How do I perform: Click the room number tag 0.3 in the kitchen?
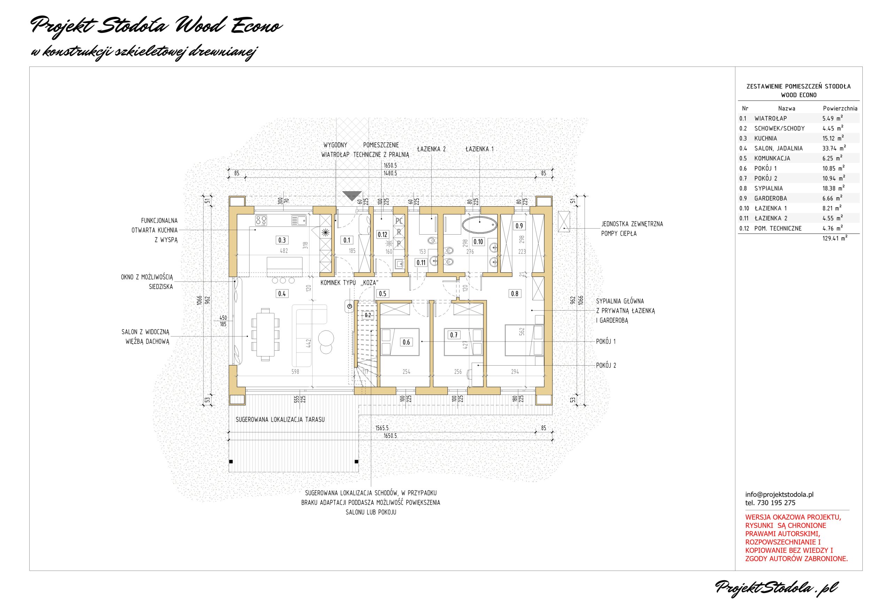click(282, 240)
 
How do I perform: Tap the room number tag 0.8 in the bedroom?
click(514, 294)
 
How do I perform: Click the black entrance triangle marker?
click(352, 196)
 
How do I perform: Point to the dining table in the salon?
click(265, 334)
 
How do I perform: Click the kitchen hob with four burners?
click(261, 220)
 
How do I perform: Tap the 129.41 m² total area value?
click(835, 238)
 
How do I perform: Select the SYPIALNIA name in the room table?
click(768, 189)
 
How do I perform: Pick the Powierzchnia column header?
click(840, 108)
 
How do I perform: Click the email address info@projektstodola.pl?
click(779, 495)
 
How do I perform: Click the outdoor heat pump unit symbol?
click(563, 221)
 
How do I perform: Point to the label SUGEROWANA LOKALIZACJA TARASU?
click(280, 420)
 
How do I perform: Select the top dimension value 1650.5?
click(390, 166)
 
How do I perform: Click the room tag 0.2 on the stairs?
click(368, 315)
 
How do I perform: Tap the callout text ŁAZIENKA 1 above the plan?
click(479, 149)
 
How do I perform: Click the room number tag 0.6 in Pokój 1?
click(406, 342)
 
